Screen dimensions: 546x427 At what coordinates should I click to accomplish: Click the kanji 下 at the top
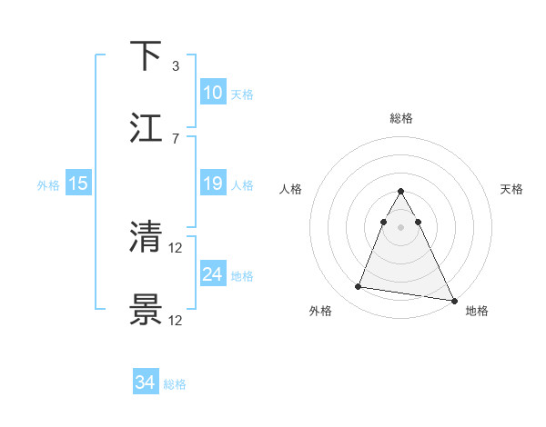pos(147,55)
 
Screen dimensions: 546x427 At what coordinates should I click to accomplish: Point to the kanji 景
pos(147,309)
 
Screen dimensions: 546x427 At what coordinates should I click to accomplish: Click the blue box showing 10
pos(212,93)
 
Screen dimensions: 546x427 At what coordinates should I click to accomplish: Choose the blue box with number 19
pos(212,184)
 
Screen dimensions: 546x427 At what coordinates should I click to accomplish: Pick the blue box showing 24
pos(212,274)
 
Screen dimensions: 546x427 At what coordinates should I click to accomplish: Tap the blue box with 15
pos(78,184)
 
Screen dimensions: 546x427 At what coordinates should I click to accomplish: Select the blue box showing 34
pos(146,382)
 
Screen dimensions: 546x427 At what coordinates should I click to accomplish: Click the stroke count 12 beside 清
pos(177,247)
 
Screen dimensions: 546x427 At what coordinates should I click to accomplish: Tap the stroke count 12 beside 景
pos(177,320)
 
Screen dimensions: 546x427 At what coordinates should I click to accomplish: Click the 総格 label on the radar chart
pos(401,118)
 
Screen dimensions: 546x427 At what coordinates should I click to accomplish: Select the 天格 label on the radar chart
pos(512,189)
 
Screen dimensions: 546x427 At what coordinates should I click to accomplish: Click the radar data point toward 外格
pos(358,287)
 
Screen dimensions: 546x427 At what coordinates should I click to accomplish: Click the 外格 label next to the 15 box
pos(48,185)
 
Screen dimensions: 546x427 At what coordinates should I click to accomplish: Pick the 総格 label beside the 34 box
pos(175,384)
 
